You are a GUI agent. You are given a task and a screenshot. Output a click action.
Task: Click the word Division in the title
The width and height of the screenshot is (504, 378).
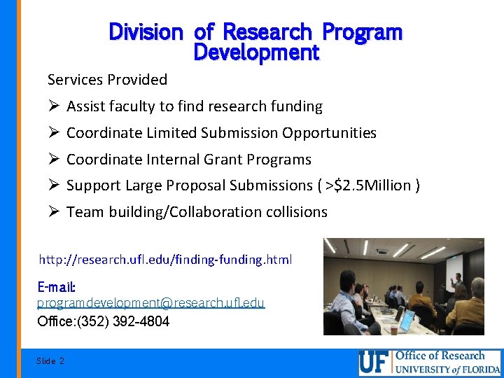coord(146,32)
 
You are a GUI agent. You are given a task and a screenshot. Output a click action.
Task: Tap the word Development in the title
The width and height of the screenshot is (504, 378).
coord(255,52)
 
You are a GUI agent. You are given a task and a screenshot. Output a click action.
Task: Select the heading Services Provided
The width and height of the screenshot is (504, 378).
coord(107,80)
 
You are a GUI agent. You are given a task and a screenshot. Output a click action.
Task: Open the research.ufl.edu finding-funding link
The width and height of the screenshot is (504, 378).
coord(165,260)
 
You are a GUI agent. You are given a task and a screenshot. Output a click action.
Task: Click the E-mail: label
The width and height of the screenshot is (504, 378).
coord(56,287)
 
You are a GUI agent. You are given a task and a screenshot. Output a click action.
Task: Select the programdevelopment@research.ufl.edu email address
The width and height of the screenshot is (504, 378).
coord(150,302)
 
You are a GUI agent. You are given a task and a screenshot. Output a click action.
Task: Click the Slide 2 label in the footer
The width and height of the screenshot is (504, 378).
coord(50,360)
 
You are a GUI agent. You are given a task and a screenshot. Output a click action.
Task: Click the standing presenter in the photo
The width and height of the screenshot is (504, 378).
coord(459,286)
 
